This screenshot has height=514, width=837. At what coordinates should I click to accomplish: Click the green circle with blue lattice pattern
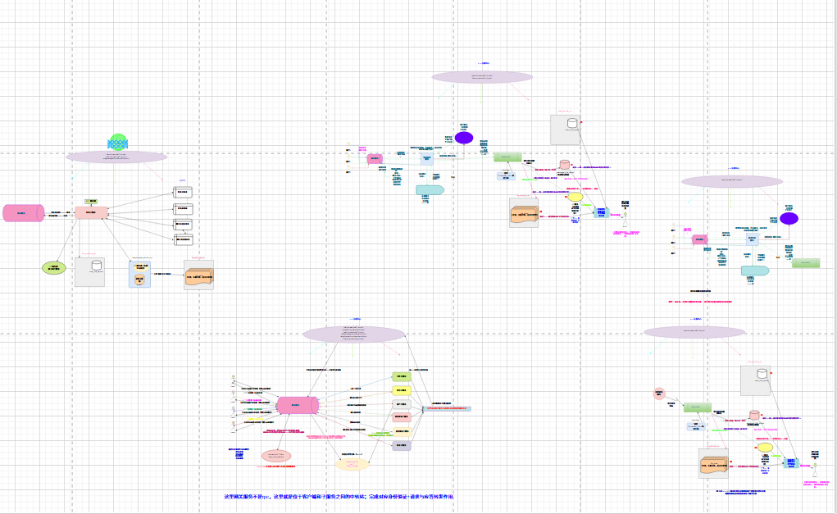point(118,142)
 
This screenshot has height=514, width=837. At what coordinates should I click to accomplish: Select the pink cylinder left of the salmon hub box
point(23,213)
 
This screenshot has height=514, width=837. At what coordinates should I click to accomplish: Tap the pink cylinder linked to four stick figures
point(296,405)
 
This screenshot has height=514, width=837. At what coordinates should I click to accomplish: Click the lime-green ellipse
point(53,268)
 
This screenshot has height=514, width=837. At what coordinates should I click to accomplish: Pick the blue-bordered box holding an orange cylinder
point(139,275)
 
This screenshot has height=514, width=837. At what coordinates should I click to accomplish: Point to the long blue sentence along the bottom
point(339,497)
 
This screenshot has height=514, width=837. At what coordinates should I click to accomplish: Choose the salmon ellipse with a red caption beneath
point(276,456)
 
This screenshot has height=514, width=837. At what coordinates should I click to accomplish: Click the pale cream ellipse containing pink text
point(353,464)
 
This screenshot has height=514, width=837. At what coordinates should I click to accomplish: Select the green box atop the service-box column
point(402,376)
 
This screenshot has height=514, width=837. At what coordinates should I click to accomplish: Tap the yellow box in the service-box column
point(402,390)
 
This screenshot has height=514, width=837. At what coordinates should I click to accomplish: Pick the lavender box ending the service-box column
point(402,446)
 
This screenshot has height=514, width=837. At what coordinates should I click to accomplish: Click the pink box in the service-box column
point(402,417)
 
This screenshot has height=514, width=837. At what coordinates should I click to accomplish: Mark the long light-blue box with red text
point(447,407)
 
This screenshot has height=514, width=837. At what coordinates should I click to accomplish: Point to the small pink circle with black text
point(658,394)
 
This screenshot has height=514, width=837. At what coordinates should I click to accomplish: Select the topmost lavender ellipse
point(482,77)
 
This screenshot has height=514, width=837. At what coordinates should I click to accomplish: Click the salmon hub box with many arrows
point(91,213)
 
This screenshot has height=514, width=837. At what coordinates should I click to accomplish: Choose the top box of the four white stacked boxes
point(183,193)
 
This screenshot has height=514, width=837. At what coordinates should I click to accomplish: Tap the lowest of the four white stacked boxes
point(183,239)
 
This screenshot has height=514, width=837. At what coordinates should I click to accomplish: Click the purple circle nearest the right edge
point(789,219)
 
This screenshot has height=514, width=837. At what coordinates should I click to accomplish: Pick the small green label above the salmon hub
point(91,201)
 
